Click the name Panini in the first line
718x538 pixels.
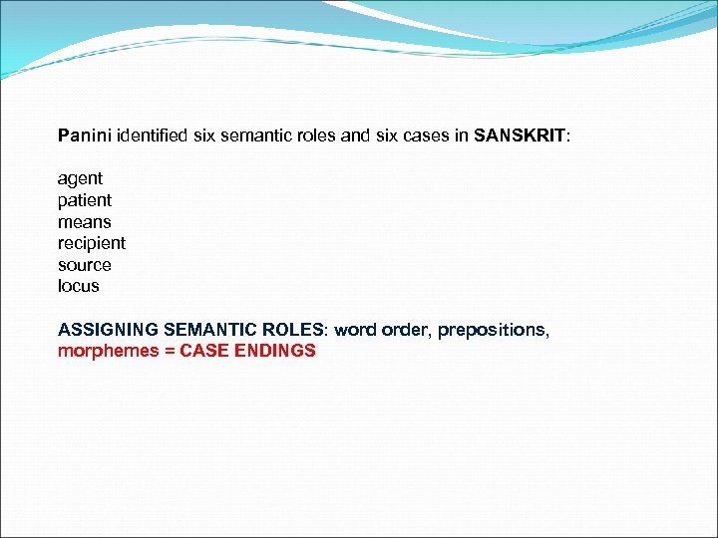point(85,134)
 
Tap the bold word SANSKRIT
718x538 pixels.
point(520,134)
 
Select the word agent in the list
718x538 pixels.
point(80,178)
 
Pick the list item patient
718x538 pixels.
point(85,200)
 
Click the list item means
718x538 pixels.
point(85,222)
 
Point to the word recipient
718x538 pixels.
point(92,243)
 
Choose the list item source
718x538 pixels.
point(85,265)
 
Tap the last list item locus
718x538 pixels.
point(79,286)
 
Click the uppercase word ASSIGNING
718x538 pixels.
point(105,330)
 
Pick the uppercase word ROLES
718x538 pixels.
point(294,330)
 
